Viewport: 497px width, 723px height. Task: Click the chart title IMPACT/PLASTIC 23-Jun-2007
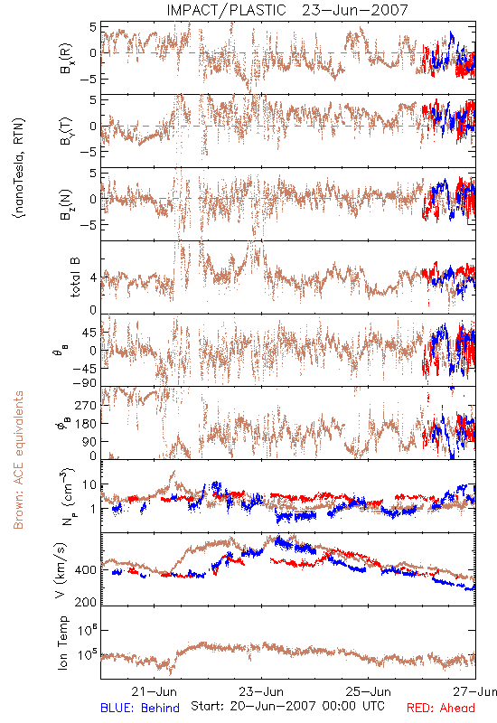tap(287, 10)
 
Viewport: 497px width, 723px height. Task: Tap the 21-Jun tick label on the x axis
tap(154, 691)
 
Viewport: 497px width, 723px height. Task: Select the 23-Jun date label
tap(261, 691)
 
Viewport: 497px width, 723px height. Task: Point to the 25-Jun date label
tap(369, 691)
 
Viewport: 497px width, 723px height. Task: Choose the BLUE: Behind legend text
tap(140, 708)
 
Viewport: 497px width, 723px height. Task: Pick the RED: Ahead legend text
tap(441, 708)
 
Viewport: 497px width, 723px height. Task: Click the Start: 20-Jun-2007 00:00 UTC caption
tap(287, 706)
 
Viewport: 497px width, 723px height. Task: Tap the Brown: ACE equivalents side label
tap(18, 460)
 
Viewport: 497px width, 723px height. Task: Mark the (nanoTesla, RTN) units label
tap(19, 167)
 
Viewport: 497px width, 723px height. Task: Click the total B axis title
tap(75, 277)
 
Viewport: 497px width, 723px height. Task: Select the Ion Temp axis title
tap(62, 643)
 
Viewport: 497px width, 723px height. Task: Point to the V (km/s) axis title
tap(61, 570)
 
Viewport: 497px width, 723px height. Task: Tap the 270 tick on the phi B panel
tap(86, 405)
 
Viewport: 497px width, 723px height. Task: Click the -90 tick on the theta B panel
tap(84, 383)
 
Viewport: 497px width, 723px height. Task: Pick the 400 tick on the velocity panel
tap(86, 570)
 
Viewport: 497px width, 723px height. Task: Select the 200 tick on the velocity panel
tap(86, 602)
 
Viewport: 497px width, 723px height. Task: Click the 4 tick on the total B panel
tap(94, 278)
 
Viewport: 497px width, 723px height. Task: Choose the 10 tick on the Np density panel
tap(89, 485)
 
